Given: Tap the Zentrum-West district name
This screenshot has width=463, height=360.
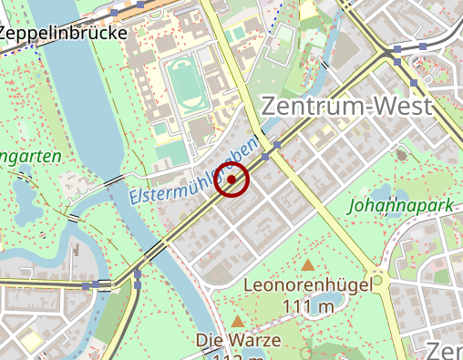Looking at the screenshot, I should (346, 106).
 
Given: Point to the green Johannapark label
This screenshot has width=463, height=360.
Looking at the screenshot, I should (400, 206).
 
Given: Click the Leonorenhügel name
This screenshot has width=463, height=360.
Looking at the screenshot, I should (308, 285).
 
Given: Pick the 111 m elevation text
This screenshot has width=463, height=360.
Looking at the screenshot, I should (308, 305).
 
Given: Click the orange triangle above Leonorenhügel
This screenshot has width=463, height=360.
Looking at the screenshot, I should (309, 265).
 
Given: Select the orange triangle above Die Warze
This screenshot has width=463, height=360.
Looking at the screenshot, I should (238, 321).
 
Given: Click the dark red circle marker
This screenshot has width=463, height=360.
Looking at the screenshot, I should (232, 180).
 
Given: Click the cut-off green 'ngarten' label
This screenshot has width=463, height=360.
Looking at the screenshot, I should (31, 157).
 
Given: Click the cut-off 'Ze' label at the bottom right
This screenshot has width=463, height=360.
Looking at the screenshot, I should (446, 351).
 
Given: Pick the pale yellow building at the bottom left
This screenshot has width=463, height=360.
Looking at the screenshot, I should (33, 341).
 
